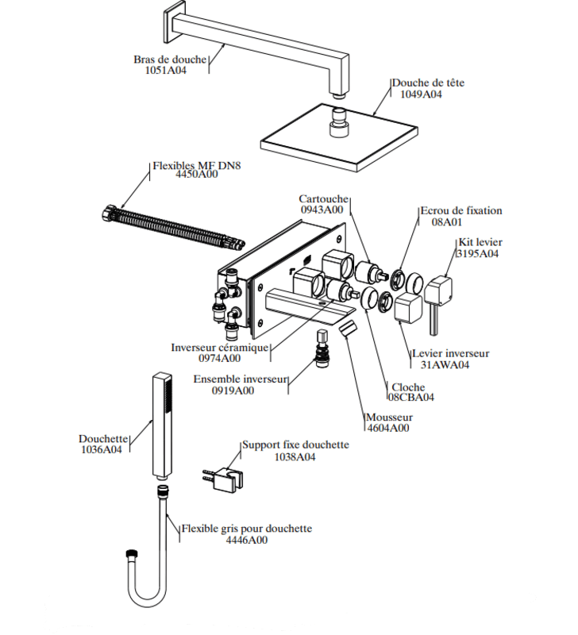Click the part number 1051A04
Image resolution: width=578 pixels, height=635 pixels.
(x=166, y=70)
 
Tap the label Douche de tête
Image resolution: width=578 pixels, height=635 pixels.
(x=428, y=83)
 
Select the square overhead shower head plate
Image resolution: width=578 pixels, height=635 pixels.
(x=339, y=137)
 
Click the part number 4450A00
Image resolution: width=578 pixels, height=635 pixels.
(x=196, y=174)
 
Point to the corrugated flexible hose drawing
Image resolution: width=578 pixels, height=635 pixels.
(x=173, y=227)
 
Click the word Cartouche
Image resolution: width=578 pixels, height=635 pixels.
(x=324, y=199)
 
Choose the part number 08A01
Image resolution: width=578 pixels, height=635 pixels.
(x=446, y=222)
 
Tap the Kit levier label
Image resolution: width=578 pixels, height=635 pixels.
(x=480, y=242)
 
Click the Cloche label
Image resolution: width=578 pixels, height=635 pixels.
(x=408, y=387)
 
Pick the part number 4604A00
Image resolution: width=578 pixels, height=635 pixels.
(x=388, y=428)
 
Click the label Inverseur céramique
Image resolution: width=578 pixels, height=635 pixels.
(x=220, y=348)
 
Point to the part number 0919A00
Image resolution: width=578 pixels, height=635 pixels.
(x=233, y=391)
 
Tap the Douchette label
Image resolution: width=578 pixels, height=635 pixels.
(x=103, y=439)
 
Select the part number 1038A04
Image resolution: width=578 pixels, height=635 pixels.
(x=295, y=457)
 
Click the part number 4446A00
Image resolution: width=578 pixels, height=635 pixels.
(x=247, y=541)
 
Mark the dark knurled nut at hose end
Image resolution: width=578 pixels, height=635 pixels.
(x=133, y=554)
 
